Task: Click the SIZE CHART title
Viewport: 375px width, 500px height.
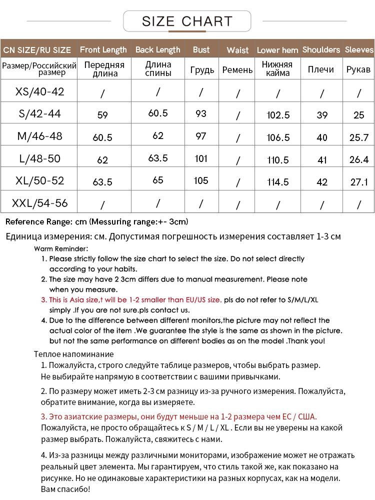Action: pos(187,21)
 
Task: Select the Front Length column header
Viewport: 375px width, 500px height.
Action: pos(103,49)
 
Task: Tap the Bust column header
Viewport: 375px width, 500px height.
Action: pos(201,49)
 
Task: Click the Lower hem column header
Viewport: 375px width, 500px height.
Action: pos(277,50)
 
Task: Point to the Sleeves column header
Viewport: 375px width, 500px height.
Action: pos(359,49)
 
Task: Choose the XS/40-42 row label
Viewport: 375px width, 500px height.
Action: pos(40,91)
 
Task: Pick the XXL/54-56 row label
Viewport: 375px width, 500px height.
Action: pos(40,203)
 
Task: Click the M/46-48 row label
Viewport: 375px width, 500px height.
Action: pos(40,136)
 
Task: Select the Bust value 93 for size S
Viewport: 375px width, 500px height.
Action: pos(201,113)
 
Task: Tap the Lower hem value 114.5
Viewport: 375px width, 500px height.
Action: pos(278,182)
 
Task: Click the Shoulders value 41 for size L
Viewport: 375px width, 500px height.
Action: pos(322,160)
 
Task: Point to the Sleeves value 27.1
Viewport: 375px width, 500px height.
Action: pos(359,182)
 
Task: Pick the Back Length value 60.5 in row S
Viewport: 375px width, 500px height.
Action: pos(158,113)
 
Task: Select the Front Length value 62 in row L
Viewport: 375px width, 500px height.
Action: pos(102,160)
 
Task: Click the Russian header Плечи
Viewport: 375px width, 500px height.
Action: pos(321,69)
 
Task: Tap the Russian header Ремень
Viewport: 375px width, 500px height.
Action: pos(237,69)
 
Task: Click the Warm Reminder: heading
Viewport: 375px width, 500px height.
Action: pos(61,248)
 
